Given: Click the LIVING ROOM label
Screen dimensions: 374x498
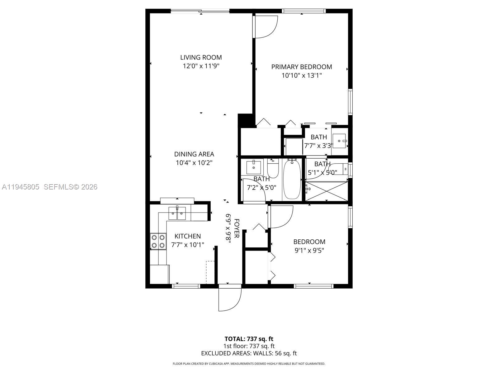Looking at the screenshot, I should (201, 57).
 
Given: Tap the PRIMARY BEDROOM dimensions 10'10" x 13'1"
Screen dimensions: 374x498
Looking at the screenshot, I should (301, 75).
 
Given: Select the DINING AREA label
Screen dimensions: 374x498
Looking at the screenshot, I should (194, 154).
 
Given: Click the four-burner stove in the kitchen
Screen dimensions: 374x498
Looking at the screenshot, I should (158, 241).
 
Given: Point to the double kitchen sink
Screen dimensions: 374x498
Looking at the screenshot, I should (177, 213).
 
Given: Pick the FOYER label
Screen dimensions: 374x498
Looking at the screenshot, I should (237, 228).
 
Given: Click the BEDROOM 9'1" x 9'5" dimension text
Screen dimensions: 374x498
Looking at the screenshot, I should (309, 250).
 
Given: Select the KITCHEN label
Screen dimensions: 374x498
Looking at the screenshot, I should (187, 236).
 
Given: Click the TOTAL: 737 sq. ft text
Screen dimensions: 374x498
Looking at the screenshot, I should (249, 339).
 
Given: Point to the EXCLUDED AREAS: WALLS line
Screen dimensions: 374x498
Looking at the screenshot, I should (249, 353).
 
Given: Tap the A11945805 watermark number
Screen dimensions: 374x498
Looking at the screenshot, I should (21, 187).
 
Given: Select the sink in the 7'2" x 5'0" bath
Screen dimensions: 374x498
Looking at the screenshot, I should (254, 167).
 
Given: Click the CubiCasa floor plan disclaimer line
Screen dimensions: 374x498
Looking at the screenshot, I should (249, 364).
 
